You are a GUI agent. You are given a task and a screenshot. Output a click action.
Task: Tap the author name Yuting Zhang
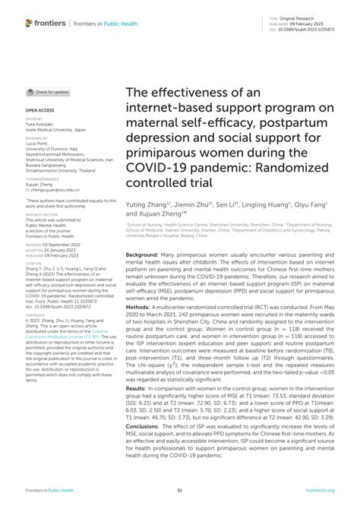click(144, 206)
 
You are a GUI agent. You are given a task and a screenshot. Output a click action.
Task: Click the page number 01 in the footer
click(180, 491)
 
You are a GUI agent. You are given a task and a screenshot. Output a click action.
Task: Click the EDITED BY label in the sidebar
click(35, 119)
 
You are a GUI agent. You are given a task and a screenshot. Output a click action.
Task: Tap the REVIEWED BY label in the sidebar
click(37, 140)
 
